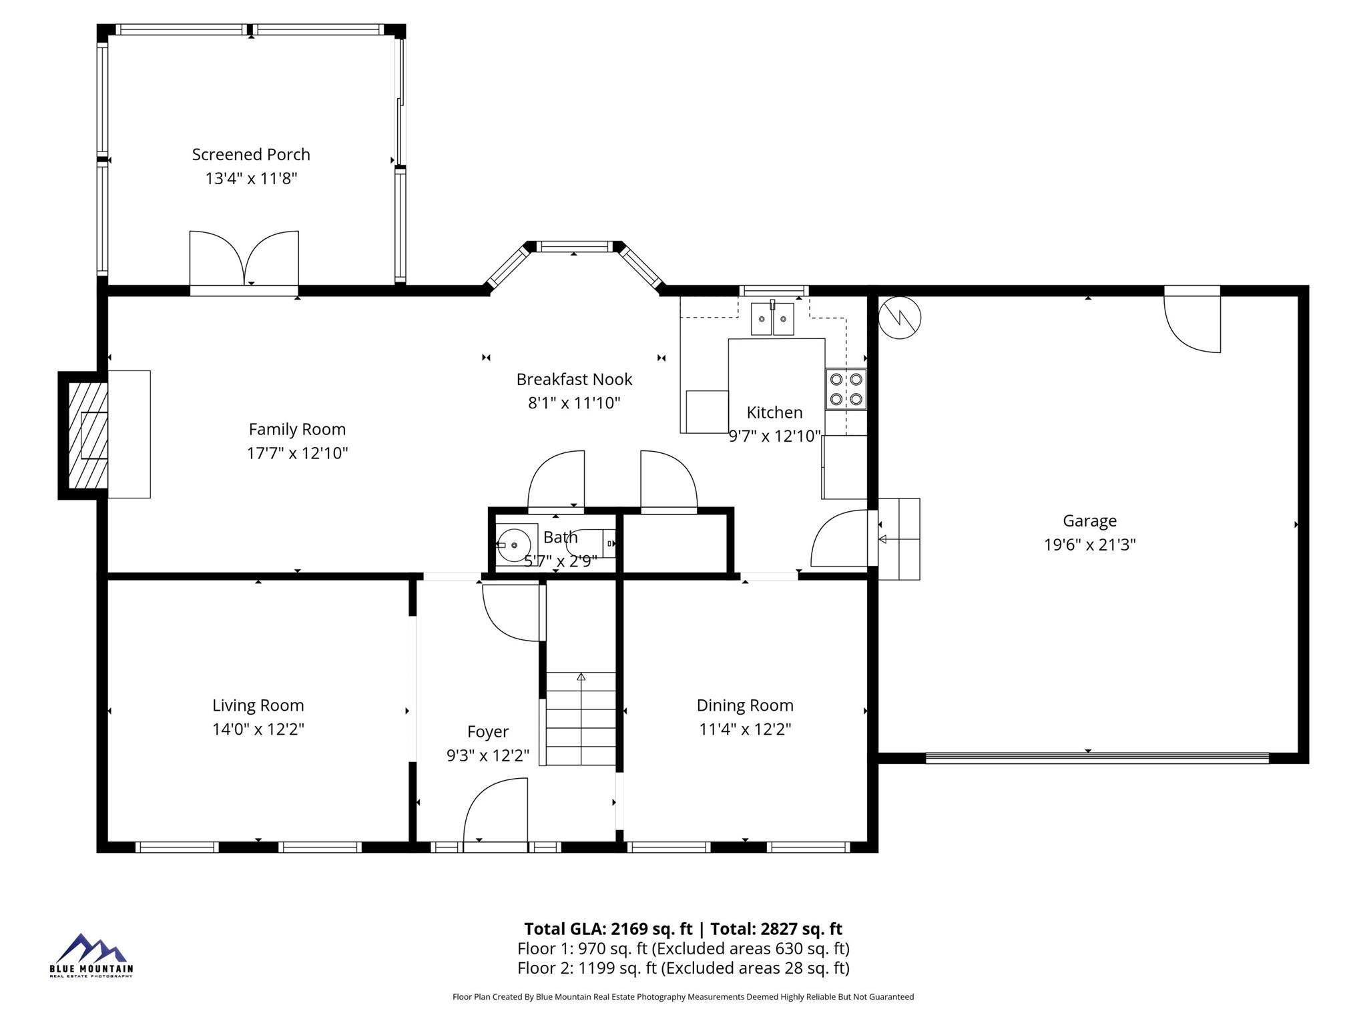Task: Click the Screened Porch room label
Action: click(x=251, y=155)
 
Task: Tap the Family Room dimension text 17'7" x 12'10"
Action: click(x=298, y=454)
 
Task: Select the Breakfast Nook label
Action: click(x=574, y=380)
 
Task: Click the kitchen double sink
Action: click(x=772, y=318)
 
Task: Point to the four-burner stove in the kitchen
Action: click(x=846, y=389)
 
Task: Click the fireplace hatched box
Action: click(x=87, y=435)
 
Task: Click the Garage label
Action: click(x=1089, y=521)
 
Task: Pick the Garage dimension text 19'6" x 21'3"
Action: click(x=1089, y=545)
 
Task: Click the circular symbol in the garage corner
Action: click(x=899, y=318)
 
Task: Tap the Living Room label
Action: click(x=258, y=705)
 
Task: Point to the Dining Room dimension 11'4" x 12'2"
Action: click(x=745, y=729)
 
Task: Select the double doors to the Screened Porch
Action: click(x=244, y=259)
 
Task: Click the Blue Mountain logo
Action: click(x=91, y=955)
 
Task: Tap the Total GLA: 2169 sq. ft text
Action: click(x=608, y=929)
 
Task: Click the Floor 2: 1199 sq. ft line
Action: click(x=683, y=968)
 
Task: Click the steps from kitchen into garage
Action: click(x=898, y=539)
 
